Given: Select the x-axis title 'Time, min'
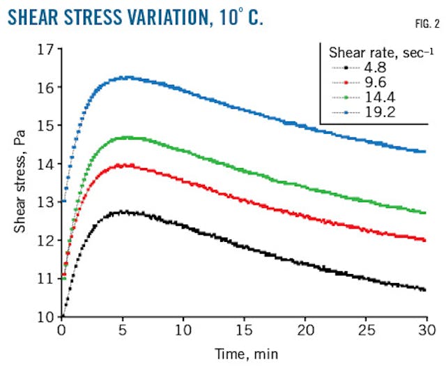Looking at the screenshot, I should click(x=242, y=355).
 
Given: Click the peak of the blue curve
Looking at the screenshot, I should click(x=125, y=77).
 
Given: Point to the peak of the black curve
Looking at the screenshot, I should click(x=124, y=211).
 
